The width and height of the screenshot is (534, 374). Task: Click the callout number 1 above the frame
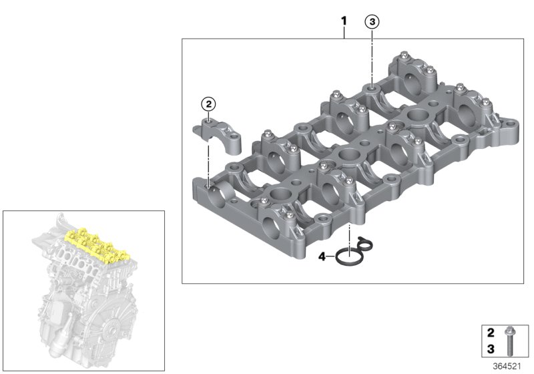(x=344, y=21)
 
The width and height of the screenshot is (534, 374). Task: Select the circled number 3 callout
(x=372, y=22)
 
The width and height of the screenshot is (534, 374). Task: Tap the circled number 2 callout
(x=209, y=104)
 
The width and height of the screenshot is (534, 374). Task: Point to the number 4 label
(x=321, y=256)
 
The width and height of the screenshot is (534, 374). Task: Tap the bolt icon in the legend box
(x=509, y=341)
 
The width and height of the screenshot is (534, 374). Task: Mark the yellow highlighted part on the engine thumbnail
(x=97, y=244)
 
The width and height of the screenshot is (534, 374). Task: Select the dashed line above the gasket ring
(x=348, y=235)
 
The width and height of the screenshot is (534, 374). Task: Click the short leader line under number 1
(x=344, y=33)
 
